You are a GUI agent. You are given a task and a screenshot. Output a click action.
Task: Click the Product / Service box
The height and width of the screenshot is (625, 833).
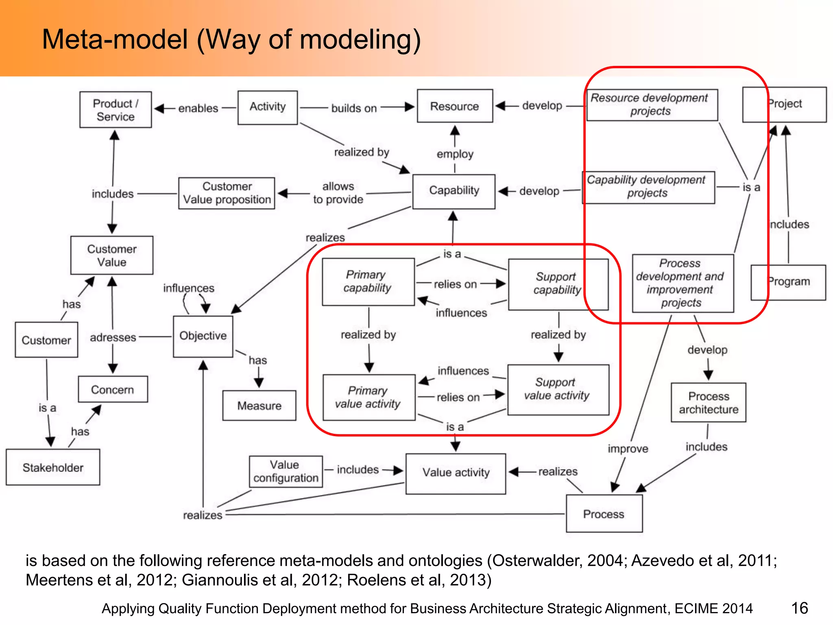(116, 110)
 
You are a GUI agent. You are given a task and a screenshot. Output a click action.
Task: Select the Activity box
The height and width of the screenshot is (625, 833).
(267, 107)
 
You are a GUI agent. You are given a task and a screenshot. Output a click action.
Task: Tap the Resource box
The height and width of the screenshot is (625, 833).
(454, 106)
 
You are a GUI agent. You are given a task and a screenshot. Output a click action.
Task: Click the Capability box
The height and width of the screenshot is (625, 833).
(454, 191)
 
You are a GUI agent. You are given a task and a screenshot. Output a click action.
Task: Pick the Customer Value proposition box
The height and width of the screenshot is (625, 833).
(227, 193)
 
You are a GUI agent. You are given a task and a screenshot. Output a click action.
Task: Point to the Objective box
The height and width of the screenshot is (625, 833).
(203, 336)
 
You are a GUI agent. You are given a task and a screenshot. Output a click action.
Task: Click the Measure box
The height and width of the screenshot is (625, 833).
(259, 406)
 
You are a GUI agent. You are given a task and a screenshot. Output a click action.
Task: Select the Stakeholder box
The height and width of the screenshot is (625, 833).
(53, 468)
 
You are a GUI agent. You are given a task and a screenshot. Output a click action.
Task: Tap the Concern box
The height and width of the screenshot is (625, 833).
(113, 389)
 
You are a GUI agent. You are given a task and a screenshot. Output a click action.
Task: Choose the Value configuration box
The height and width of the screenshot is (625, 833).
(286, 472)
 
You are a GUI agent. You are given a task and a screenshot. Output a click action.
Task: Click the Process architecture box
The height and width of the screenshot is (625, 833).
(708, 402)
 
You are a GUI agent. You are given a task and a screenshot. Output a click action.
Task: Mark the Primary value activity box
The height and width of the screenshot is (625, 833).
(368, 397)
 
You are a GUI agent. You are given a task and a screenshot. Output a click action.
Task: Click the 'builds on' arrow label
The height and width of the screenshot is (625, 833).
(354, 108)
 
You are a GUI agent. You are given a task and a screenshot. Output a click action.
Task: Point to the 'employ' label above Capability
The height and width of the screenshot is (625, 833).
(455, 154)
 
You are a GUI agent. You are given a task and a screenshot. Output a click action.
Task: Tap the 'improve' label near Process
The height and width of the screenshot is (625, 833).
(628, 449)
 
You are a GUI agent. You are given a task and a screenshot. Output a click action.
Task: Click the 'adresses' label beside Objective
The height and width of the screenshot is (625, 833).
(113, 337)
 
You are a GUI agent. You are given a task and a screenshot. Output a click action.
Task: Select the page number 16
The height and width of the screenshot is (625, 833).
(799, 608)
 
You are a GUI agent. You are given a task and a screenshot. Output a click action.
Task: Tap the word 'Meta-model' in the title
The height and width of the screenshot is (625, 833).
(115, 39)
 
